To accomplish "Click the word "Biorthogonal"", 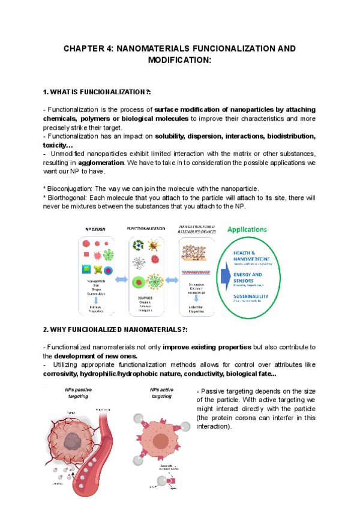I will (x=68, y=197).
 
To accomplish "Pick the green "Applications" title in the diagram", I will (x=247, y=229).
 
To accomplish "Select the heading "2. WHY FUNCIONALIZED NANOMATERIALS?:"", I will (x=116, y=330).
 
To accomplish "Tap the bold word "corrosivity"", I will (x=63, y=373).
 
